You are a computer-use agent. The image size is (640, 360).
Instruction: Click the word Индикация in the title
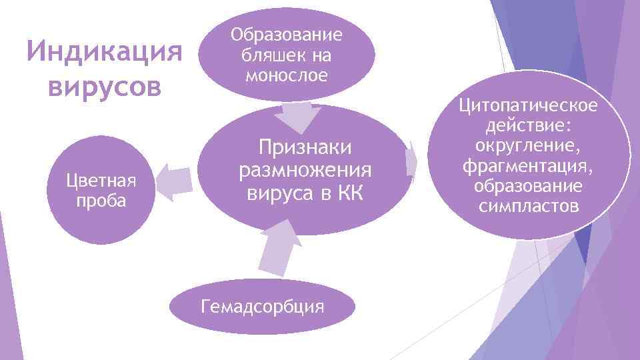pyautogui.click(x=103, y=51)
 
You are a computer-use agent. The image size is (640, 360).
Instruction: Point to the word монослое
pyautogui.click(x=287, y=75)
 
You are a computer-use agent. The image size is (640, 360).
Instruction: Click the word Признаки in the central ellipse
pyautogui.click(x=304, y=147)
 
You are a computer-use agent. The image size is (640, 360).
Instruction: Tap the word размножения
pyautogui.click(x=305, y=170)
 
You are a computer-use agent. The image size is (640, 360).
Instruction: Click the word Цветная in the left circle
pyautogui.click(x=101, y=181)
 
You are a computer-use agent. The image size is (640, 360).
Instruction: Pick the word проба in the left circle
pyautogui.click(x=101, y=201)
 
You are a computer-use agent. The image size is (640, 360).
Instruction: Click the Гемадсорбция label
pyautogui.click(x=263, y=307)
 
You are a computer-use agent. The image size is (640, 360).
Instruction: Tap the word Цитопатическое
pyautogui.click(x=528, y=107)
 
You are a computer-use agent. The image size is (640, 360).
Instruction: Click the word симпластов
pyautogui.click(x=528, y=206)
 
